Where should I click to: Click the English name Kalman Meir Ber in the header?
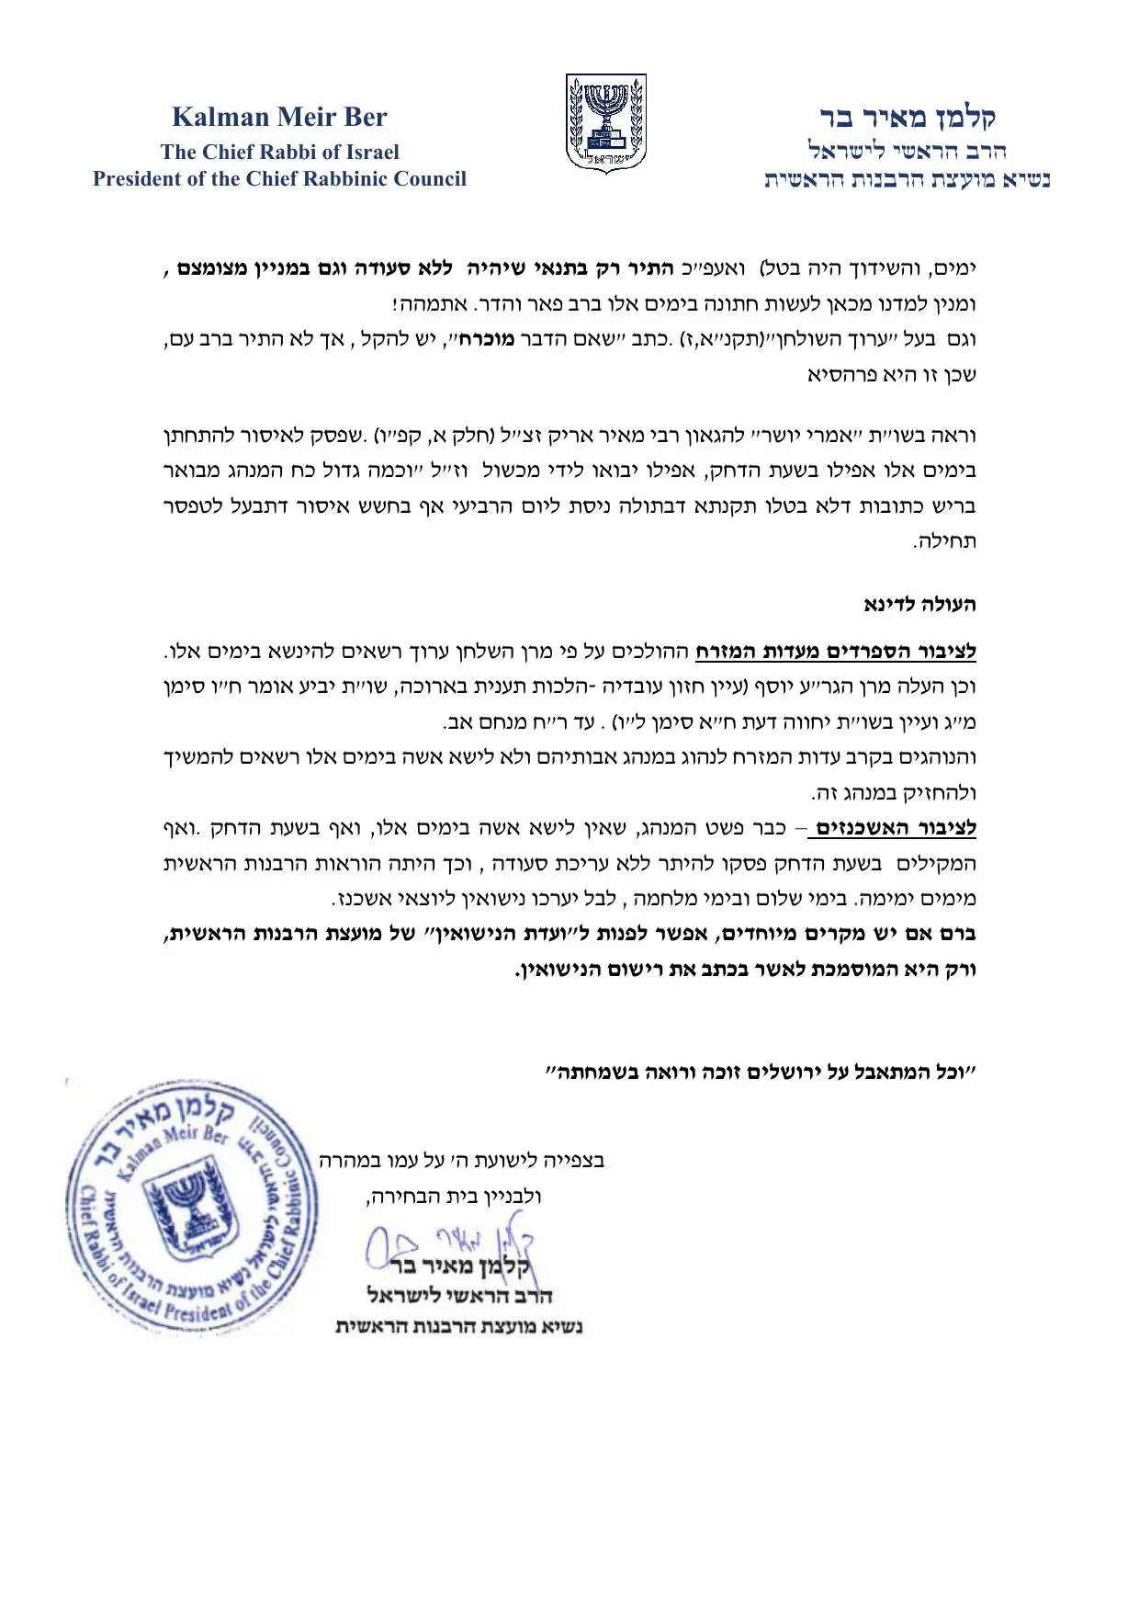click(279, 118)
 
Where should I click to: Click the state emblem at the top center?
click(605, 124)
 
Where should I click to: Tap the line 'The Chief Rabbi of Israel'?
click(279, 152)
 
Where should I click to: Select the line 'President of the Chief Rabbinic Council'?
click(279, 178)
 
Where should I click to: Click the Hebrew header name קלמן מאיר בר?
click(908, 117)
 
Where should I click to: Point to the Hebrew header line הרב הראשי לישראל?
click(908, 149)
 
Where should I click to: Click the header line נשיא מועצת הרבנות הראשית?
click(908, 179)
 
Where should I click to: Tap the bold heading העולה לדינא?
click(919, 605)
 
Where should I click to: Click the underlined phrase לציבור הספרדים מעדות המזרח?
click(835, 653)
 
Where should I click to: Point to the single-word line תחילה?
click(944, 541)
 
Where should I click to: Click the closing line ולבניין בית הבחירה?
click(454, 1197)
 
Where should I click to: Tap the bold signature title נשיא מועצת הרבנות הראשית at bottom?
click(458, 1326)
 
